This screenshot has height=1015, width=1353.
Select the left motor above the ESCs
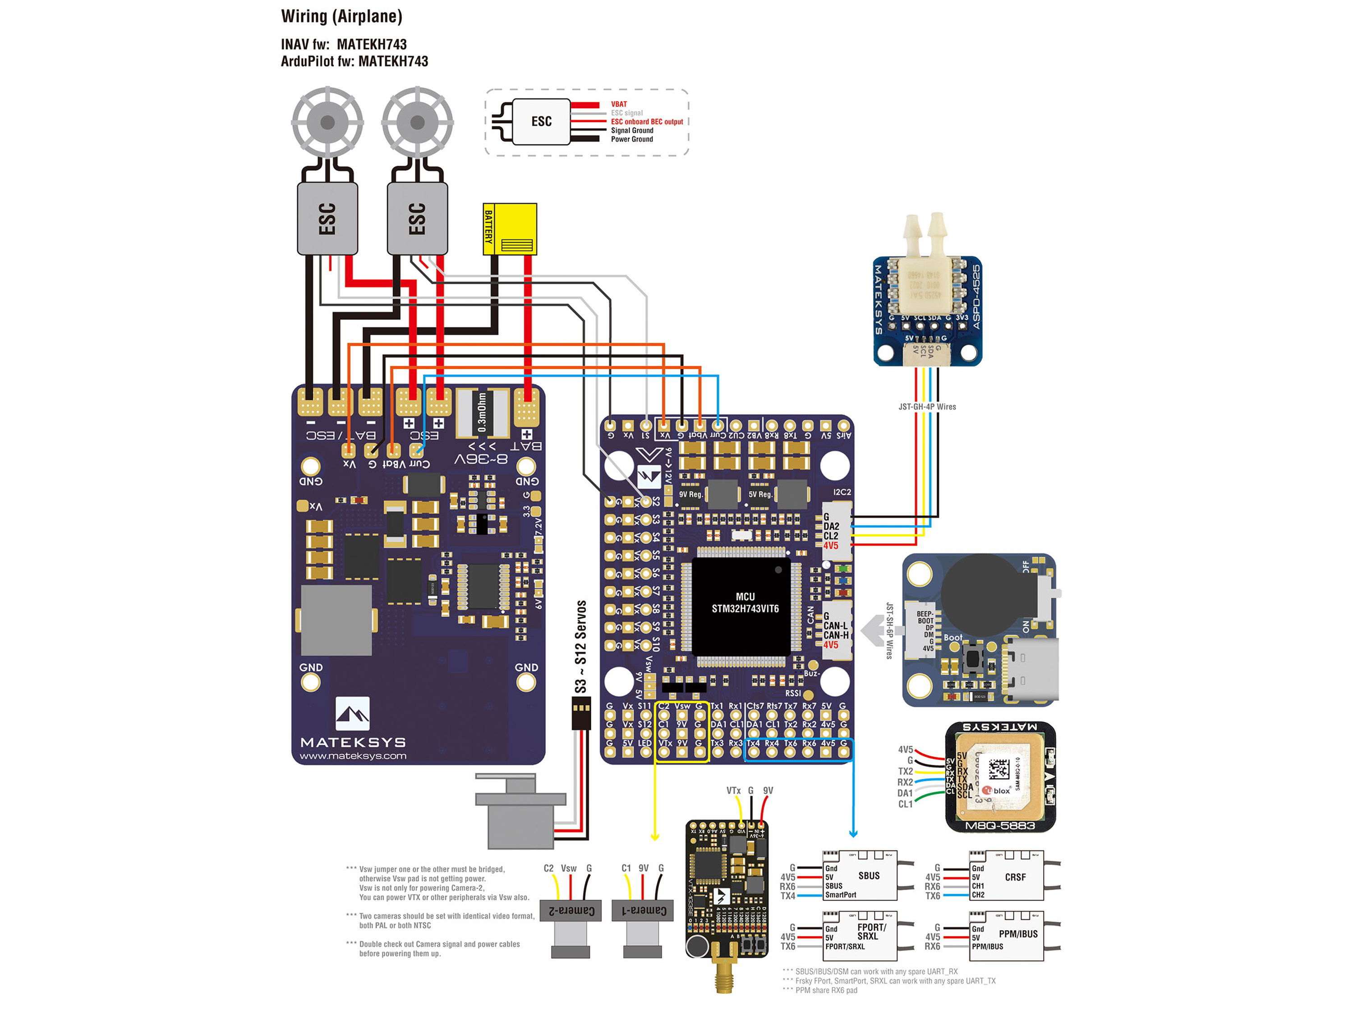(x=327, y=122)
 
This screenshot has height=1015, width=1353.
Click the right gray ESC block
(x=417, y=218)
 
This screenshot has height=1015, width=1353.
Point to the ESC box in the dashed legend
(x=541, y=122)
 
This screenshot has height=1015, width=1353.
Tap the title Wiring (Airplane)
(x=341, y=17)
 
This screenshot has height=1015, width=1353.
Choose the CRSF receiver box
(x=1006, y=876)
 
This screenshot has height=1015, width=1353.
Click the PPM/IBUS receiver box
(x=1006, y=936)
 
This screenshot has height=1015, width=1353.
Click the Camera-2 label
(x=571, y=910)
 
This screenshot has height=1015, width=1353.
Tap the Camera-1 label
(x=644, y=910)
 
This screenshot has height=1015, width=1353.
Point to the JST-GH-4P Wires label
(x=927, y=407)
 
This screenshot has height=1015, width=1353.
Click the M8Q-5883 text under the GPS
(x=999, y=826)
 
